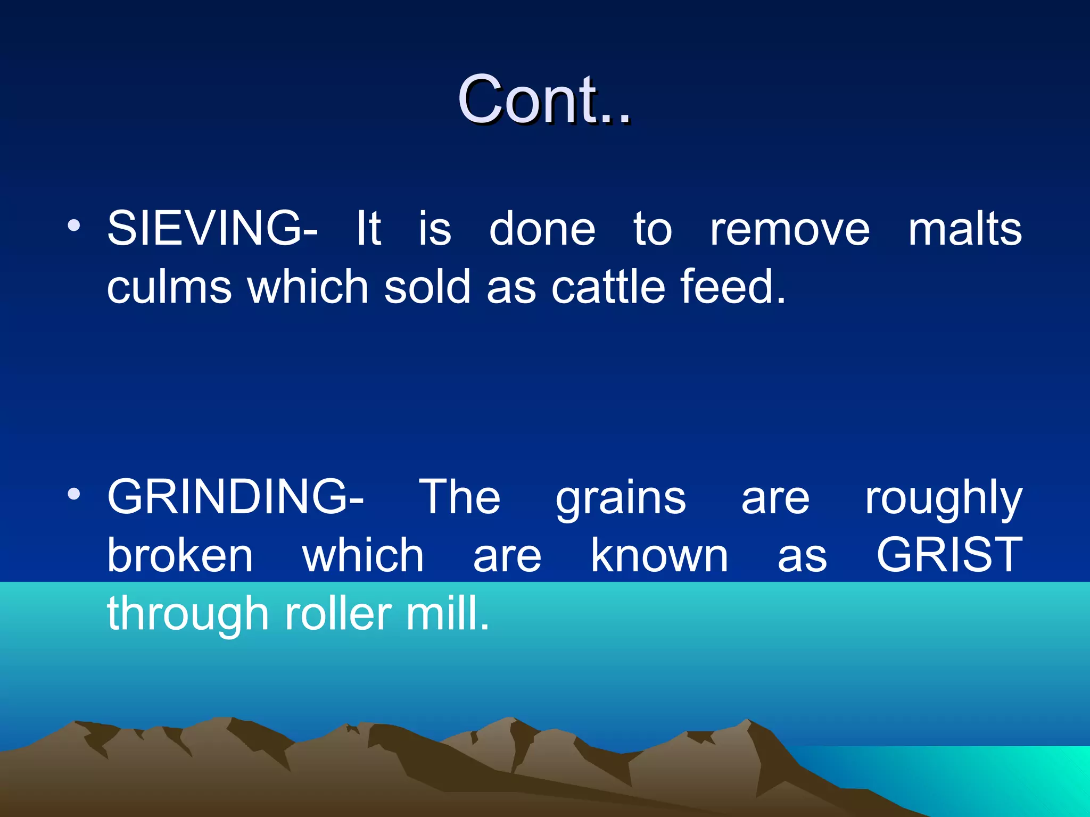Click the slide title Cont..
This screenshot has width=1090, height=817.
click(x=544, y=99)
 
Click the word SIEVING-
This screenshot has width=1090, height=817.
click(x=212, y=229)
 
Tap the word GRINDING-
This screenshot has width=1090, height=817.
click(x=235, y=497)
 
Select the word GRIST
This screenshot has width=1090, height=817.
click(x=949, y=555)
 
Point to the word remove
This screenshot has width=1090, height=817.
click(x=790, y=230)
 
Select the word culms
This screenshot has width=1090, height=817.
click(x=169, y=287)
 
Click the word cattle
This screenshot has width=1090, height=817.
click(x=608, y=287)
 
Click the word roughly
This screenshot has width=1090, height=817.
click(x=943, y=500)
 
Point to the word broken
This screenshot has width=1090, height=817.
click(x=180, y=555)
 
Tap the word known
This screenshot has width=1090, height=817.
click(x=659, y=555)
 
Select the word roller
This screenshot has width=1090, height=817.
click(x=338, y=614)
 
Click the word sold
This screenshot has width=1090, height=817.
click(x=427, y=287)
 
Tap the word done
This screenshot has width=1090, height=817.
click(x=542, y=230)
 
